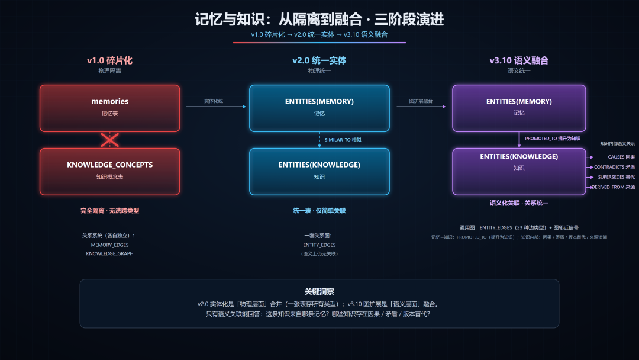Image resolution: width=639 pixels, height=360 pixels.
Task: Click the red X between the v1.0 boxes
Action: tap(109, 140)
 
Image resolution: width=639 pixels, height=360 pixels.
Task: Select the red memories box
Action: tap(109, 108)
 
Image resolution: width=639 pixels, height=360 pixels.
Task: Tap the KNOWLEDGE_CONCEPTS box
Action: tap(109, 172)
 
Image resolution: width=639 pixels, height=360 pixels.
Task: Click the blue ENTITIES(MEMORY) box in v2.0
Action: tap(319, 108)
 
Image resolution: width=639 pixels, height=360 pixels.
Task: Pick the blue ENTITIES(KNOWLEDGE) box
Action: tap(319, 172)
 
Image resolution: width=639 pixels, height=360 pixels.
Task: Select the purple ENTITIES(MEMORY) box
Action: tap(519, 108)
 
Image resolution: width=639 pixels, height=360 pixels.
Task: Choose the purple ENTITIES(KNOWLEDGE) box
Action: tap(519, 172)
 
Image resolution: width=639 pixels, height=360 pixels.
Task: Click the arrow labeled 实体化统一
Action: tap(217, 107)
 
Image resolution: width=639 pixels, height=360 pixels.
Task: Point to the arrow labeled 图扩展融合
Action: tap(421, 107)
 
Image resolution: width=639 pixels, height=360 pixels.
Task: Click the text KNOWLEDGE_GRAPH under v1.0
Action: tap(109, 253)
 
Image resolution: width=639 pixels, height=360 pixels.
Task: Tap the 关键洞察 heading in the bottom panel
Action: tap(319, 291)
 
